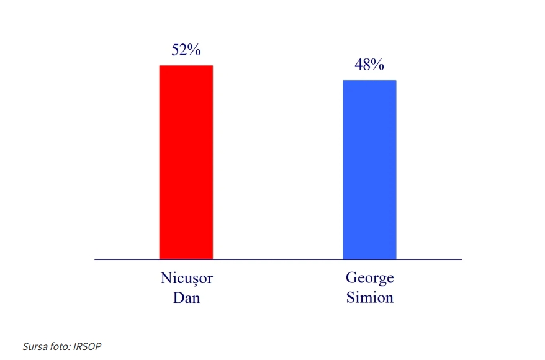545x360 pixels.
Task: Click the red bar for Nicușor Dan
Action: click(x=186, y=162)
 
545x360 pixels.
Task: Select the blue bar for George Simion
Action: click(x=369, y=169)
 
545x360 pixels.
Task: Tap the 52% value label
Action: click(x=186, y=50)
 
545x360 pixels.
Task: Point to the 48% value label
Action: click(x=369, y=65)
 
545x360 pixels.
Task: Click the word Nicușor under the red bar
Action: click(x=187, y=279)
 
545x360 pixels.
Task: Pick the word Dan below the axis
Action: click(x=187, y=298)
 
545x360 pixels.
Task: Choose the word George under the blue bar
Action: click(x=370, y=279)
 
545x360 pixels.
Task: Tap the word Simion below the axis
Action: click(x=370, y=298)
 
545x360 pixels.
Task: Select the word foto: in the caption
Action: click(x=60, y=346)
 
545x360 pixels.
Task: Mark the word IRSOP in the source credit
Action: click(x=88, y=346)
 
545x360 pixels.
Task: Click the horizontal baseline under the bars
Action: click(x=278, y=259)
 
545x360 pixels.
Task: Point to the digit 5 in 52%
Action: click(x=175, y=50)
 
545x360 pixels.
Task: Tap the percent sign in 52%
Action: click(x=194, y=50)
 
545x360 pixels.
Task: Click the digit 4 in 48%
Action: click(x=359, y=65)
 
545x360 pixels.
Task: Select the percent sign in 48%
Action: click(x=377, y=65)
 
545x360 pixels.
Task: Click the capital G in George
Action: click(x=351, y=277)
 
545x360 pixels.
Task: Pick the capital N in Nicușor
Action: click(x=166, y=278)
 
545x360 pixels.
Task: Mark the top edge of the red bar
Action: click(x=186, y=65)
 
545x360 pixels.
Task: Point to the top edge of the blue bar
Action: click(x=369, y=81)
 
